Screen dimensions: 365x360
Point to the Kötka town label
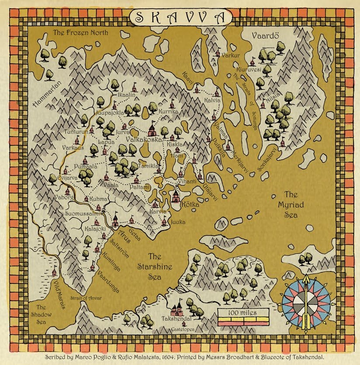point(190,204)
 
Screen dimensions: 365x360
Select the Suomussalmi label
point(83,213)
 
